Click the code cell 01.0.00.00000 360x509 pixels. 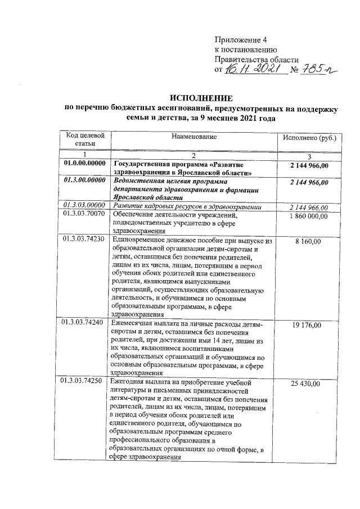pyautogui.click(x=84, y=164)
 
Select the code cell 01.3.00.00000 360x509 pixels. pyautogui.click(x=84, y=181)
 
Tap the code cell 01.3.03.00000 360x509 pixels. pyautogui.click(x=84, y=206)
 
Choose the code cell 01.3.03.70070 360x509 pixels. pyautogui.click(x=84, y=215)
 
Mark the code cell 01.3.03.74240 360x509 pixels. pyautogui.click(x=84, y=325)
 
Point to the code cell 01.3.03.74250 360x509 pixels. pyautogui.click(x=84, y=383)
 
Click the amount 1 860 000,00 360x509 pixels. pyautogui.click(x=309, y=215)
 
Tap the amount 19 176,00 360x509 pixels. pyautogui.click(x=309, y=325)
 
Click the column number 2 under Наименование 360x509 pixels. pyautogui.click(x=193, y=155)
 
